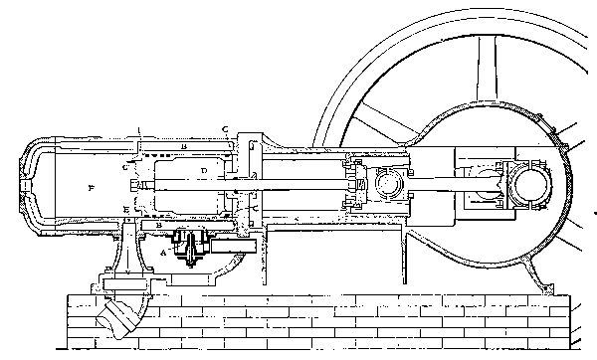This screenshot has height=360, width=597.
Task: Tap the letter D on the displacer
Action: (x=202, y=172)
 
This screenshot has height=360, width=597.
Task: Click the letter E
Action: (x=124, y=209)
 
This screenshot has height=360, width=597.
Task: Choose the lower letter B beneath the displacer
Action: (x=160, y=226)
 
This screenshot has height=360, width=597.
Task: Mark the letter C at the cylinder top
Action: (x=226, y=129)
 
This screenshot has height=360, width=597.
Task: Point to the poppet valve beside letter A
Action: (x=188, y=245)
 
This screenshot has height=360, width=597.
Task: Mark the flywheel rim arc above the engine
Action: (x=418, y=60)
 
